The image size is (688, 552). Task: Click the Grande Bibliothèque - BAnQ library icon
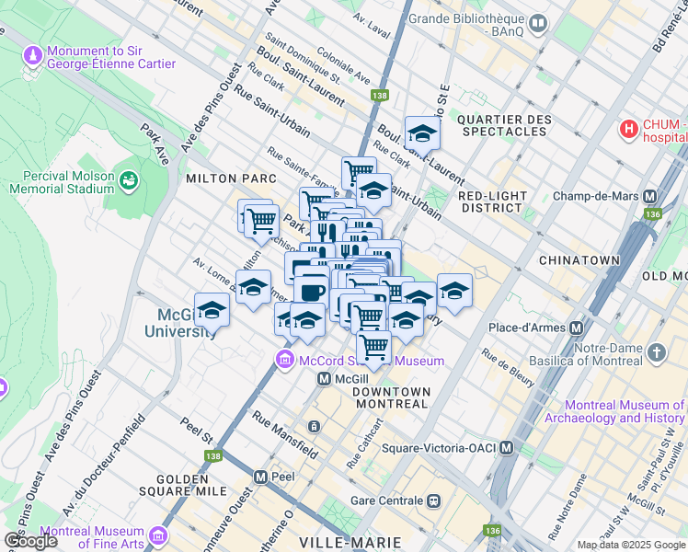coord(538,21)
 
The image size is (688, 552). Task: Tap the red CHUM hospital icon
coord(629,130)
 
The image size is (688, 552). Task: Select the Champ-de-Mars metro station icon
coord(650,197)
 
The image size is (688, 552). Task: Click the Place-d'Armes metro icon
coord(578,328)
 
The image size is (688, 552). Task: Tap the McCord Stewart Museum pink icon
coord(284,360)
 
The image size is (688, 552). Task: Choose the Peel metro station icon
coord(260,477)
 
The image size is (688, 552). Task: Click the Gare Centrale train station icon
coord(432,501)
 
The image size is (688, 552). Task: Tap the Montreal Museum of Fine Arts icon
coord(157,534)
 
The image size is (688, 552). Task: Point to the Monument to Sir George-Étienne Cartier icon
coord(34,57)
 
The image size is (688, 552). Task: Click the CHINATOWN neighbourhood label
coord(579,261)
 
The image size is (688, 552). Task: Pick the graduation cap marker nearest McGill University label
coord(212,310)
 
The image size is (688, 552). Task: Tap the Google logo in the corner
coord(30,541)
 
